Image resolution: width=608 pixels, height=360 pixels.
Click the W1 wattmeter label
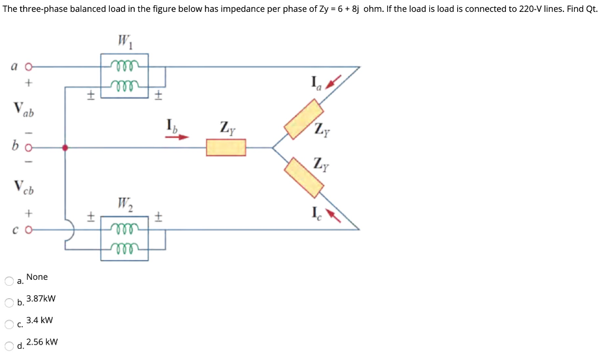124,42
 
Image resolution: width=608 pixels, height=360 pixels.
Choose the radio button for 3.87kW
9,302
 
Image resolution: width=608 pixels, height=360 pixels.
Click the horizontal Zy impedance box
226,147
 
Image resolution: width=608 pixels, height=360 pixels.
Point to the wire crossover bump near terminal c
69,229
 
